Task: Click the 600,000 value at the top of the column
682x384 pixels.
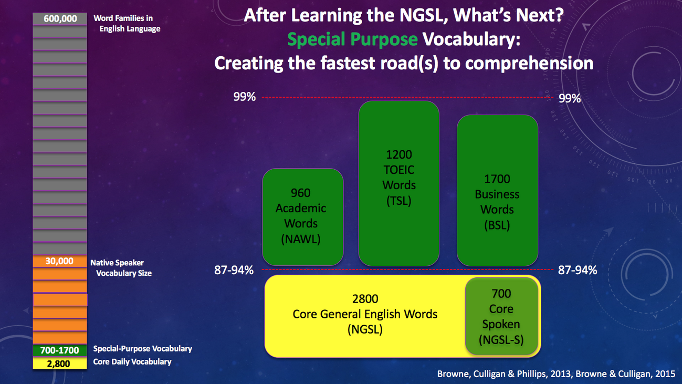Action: [60, 18]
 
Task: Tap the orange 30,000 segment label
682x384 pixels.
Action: [59, 261]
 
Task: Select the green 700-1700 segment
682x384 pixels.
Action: [60, 350]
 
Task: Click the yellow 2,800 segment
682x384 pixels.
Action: [60, 364]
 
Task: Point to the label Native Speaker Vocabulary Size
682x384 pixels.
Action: [121, 268]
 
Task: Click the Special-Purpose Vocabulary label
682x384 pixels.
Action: [142, 349]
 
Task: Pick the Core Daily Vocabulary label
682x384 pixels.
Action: [132, 362]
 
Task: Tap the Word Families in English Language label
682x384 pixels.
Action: [127, 24]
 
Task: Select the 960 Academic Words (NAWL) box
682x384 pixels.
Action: [303, 217]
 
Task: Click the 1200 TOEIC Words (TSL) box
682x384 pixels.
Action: [399, 183]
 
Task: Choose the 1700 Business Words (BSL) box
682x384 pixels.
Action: [498, 190]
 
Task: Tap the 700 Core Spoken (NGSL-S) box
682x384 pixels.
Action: [502, 316]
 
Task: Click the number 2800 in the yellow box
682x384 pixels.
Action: [365, 299]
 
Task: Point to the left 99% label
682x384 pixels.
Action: [245, 97]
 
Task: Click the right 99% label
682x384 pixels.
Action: [570, 98]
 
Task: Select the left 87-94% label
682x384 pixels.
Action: [234, 270]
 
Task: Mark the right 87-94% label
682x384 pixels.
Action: [578, 270]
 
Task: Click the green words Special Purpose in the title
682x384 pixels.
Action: [353, 39]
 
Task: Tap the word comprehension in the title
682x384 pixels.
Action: [529, 63]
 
